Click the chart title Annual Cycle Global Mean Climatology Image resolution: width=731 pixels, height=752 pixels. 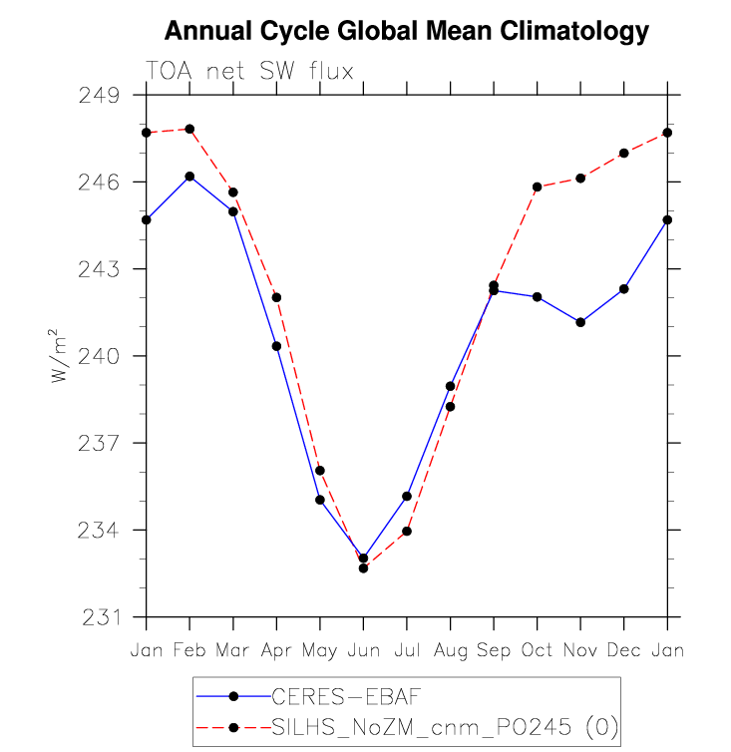(406, 31)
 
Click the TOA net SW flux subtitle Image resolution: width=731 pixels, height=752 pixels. (249, 71)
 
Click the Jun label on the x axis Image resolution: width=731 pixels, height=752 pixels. (363, 649)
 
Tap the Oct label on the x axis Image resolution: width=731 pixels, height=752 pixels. (537, 649)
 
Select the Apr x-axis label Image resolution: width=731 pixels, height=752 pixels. (276, 649)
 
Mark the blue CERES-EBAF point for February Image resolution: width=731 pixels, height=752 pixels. (189, 177)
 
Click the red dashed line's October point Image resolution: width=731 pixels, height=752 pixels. (537, 187)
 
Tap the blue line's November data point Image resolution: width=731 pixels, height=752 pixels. (580, 322)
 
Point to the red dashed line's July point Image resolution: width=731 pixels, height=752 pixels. (407, 531)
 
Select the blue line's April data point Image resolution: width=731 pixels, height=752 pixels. (276, 346)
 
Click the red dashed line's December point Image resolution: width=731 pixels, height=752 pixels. (623, 153)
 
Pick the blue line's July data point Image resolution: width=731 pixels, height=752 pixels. (407, 496)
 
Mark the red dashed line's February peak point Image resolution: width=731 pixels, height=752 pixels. (189, 129)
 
